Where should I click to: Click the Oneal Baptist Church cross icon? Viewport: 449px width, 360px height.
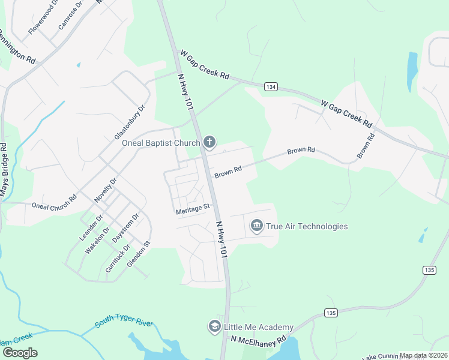pyautogui.click(x=209, y=142)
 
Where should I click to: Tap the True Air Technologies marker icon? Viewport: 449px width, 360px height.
pyautogui.click(x=257, y=226)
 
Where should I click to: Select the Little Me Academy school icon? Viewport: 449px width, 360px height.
pyautogui.click(x=214, y=326)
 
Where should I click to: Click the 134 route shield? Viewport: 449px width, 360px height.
pyautogui.click(x=271, y=87)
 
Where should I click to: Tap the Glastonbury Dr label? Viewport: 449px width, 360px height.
pyautogui.click(x=130, y=123)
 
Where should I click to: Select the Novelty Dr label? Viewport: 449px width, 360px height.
pyautogui.click(x=105, y=190)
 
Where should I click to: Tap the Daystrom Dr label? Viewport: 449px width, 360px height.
pyautogui.click(x=126, y=227)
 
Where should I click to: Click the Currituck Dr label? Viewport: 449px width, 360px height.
pyautogui.click(x=113, y=260)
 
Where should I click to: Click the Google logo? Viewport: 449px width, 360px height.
pyautogui.click(x=20, y=352)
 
